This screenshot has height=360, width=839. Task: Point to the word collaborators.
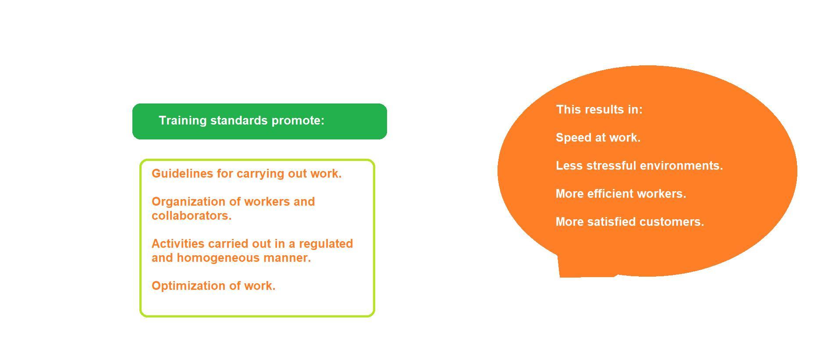(x=192, y=216)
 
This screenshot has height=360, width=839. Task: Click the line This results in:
(x=599, y=110)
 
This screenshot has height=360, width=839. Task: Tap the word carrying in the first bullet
(x=260, y=175)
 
